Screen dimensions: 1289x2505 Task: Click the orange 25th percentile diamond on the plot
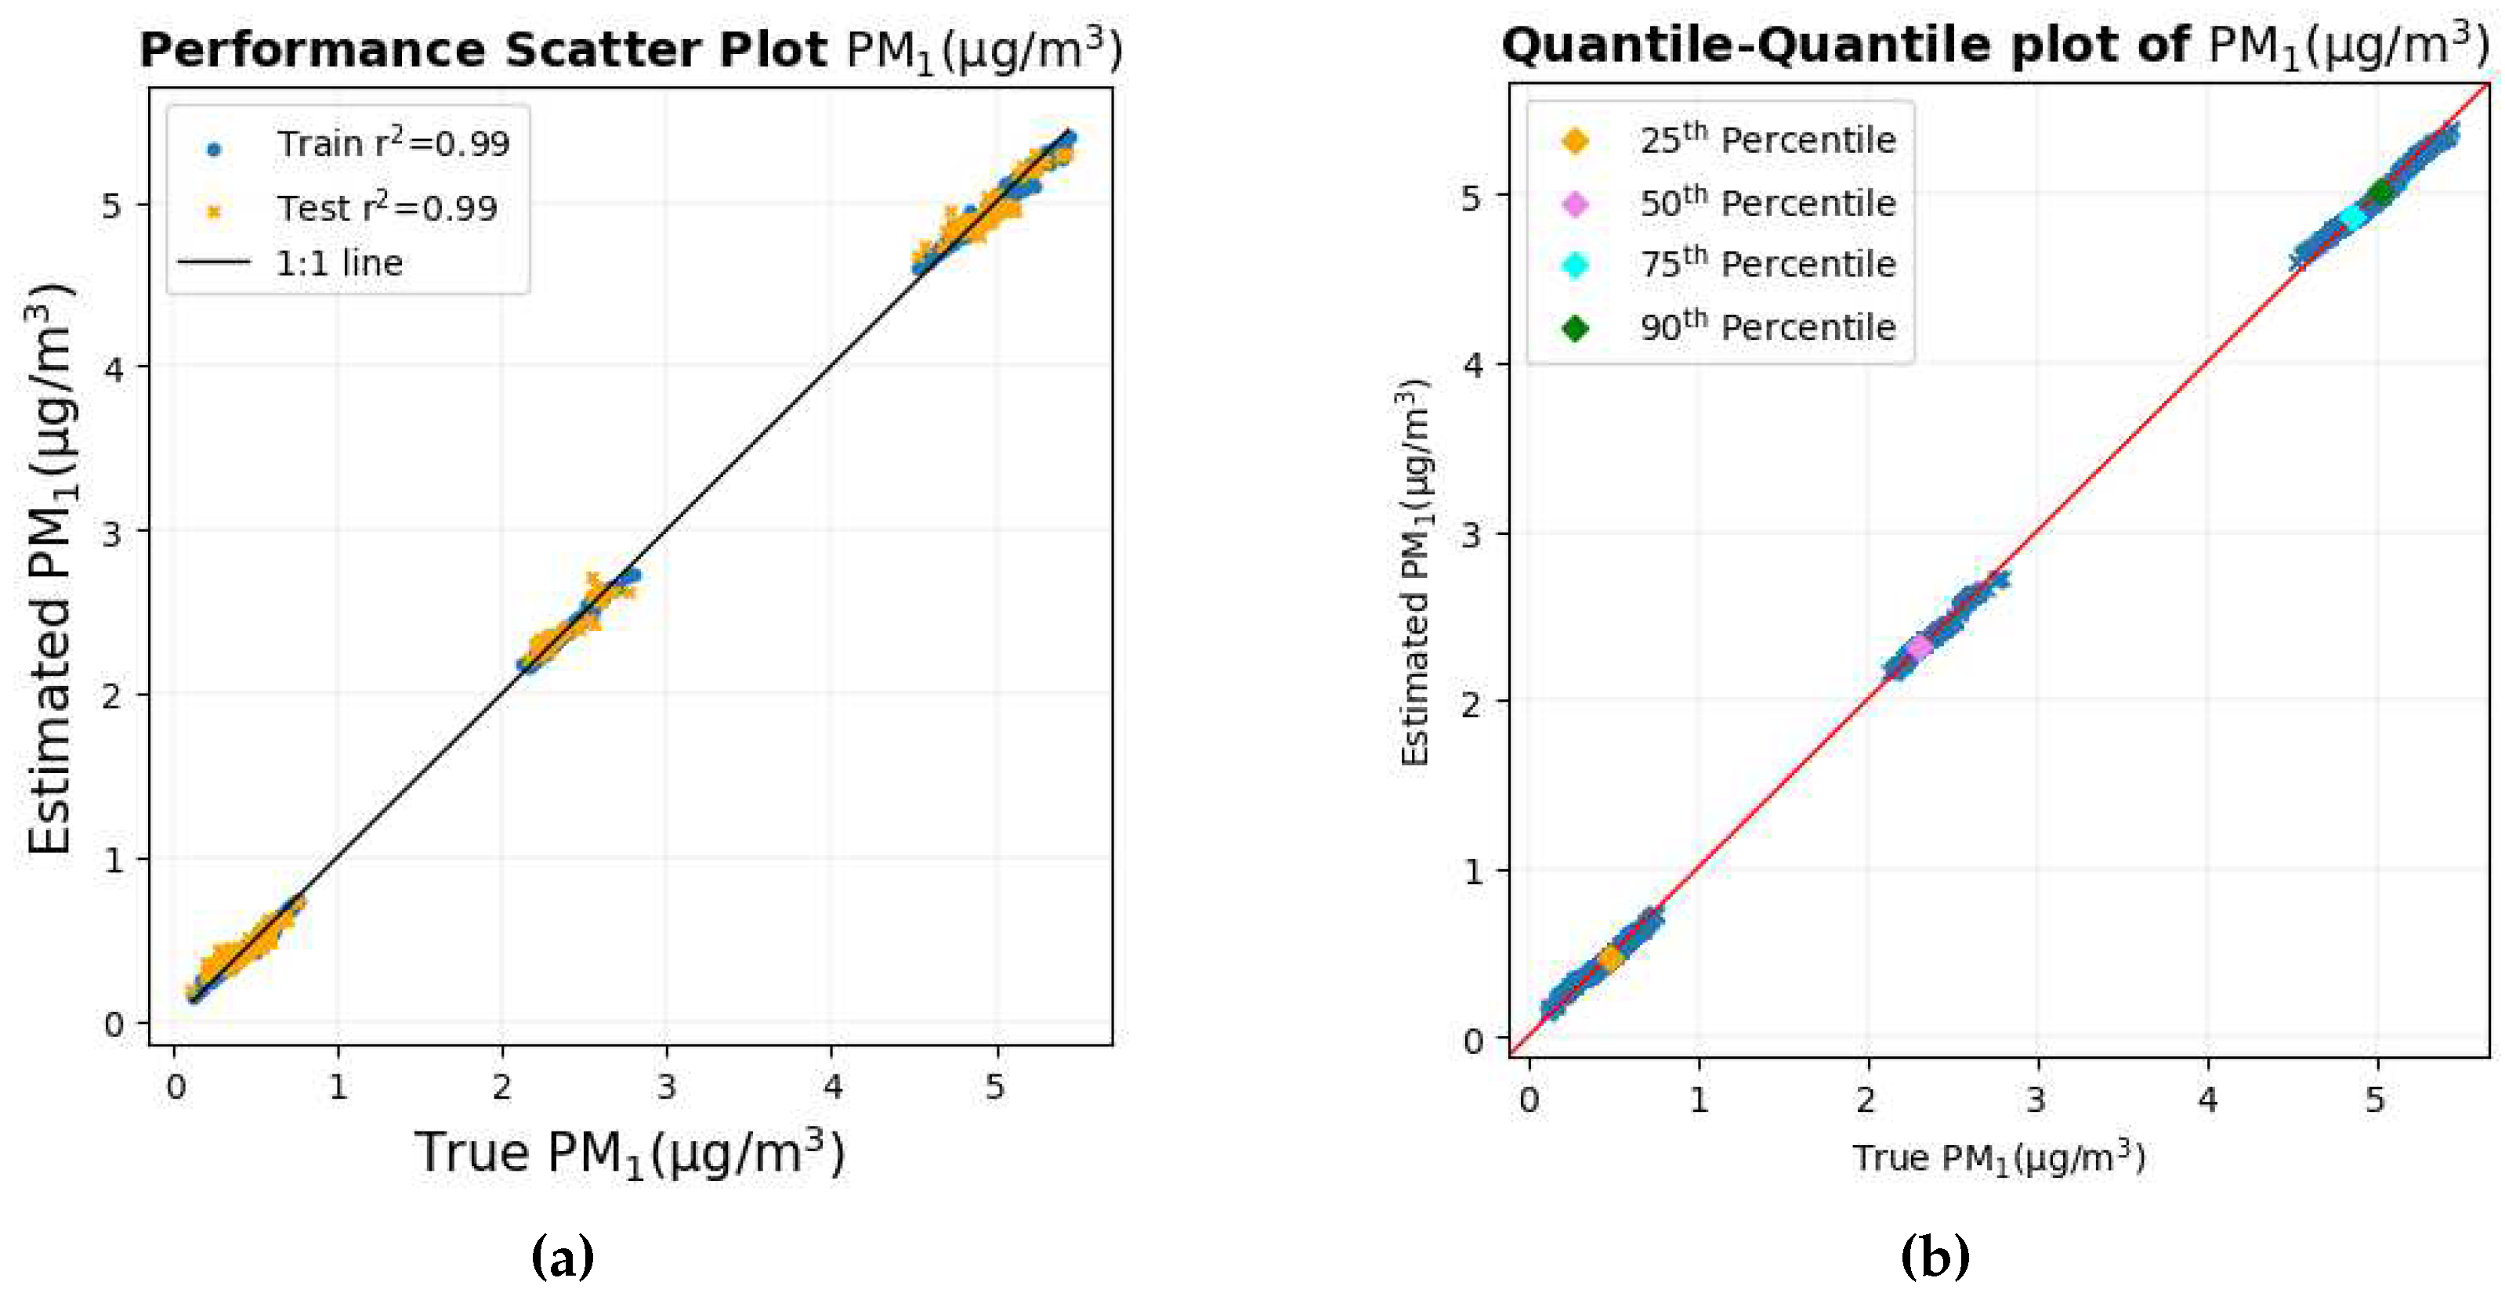click(x=1610, y=959)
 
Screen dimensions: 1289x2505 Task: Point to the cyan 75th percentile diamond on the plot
click(x=2352, y=217)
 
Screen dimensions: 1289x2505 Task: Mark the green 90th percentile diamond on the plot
click(x=2380, y=192)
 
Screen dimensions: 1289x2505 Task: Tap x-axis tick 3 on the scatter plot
click(x=666, y=1087)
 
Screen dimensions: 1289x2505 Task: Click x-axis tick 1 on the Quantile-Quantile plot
click(x=1698, y=1099)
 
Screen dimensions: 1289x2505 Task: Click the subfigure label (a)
click(x=563, y=1257)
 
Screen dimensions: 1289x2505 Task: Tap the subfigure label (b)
click(x=1934, y=1257)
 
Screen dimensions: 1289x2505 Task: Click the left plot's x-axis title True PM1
click(x=630, y=1153)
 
